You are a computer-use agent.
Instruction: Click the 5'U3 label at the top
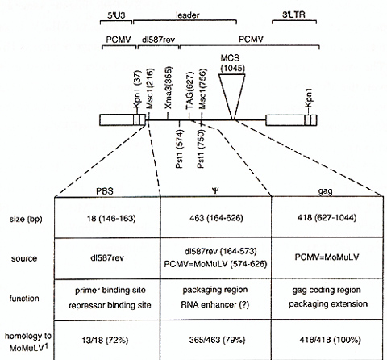pos(116,15)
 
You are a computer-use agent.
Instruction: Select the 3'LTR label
pos(293,15)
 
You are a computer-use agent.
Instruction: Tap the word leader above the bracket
pos(188,15)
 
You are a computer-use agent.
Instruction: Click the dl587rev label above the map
pos(158,40)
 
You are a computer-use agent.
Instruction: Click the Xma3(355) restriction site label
pos(168,88)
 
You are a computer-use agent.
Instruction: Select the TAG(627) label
pos(189,90)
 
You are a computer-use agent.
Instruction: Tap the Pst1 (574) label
pos(180,149)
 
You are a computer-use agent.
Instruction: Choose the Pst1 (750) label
pos(201,149)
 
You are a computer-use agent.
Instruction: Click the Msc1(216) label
pos(150,89)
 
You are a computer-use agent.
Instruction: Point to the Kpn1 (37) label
pos(137,90)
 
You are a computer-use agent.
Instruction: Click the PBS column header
pos(105,191)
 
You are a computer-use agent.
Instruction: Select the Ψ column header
pos(215,190)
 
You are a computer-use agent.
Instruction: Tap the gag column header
pos(326,191)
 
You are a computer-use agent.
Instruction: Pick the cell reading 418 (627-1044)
pos(327,217)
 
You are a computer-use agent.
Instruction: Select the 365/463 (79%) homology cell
pos(217,340)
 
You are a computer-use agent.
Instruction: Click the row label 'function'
pos(24,298)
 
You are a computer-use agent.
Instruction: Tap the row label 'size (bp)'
pos(26,219)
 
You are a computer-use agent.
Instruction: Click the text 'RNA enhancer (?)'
pos(215,304)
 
